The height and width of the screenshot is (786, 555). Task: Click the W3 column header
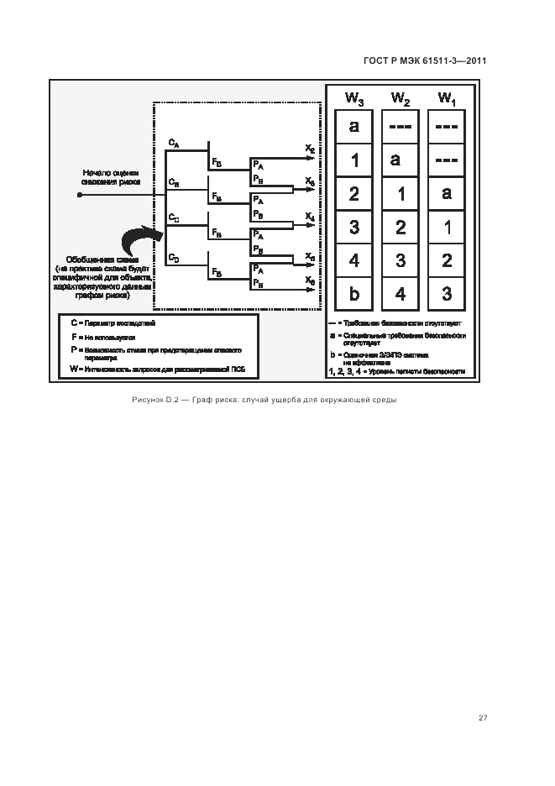(x=354, y=99)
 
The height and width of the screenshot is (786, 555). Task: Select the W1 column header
(x=447, y=99)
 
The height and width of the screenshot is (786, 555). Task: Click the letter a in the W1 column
(x=447, y=193)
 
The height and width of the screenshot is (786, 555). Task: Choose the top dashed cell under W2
(x=401, y=127)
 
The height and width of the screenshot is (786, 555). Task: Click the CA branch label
(x=173, y=144)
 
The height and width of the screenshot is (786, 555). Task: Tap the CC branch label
(x=173, y=217)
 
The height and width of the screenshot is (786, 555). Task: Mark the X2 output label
(x=310, y=149)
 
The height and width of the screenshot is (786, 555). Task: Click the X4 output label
(x=310, y=217)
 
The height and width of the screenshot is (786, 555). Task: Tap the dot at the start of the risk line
(x=80, y=194)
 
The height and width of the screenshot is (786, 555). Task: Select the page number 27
(x=483, y=717)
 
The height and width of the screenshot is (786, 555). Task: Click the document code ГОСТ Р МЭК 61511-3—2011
(x=425, y=60)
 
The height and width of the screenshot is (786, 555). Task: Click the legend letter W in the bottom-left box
(x=74, y=369)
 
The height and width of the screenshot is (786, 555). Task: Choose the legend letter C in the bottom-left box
(x=74, y=322)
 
